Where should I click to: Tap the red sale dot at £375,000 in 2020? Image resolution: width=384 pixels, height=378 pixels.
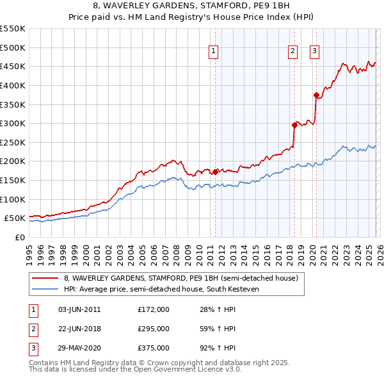click(316, 95)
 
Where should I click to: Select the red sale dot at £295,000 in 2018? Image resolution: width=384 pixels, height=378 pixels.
click(294, 125)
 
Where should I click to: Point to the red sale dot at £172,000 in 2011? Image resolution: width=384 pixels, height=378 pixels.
click(215, 172)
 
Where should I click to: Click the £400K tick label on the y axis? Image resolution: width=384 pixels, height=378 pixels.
click(13, 85)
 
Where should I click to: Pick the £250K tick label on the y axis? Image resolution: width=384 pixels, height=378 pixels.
click(13, 142)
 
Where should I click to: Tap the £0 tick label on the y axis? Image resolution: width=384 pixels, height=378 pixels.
click(19, 237)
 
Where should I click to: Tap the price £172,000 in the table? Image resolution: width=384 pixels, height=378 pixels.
click(154, 309)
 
